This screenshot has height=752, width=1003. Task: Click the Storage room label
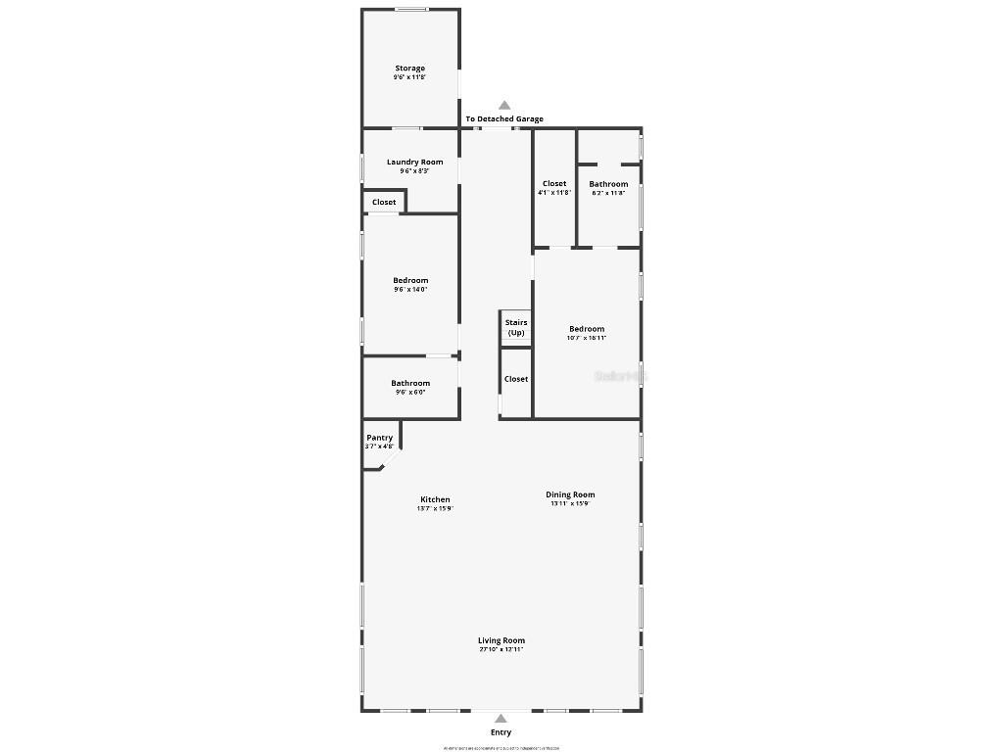tap(409, 69)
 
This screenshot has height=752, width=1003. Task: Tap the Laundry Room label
tap(414, 162)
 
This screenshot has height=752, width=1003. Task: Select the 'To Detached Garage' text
tap(503, 119)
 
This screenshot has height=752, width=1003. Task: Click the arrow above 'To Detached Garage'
tap(504, 105)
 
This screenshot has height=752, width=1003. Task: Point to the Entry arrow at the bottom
tap(501, 718)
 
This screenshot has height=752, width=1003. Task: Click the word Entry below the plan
tap(501, 732)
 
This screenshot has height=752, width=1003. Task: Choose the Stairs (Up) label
tap(515, 327)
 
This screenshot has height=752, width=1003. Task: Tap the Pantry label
tap(379, 438)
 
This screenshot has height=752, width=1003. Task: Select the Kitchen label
tap(435, 499)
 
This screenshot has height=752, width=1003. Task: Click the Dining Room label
tap(570, 494)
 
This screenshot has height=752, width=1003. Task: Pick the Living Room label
tap(501, 640)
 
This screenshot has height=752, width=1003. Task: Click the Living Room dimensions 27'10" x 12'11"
tap(501, 649)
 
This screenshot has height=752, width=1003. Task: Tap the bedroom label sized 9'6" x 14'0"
tap(410, 281)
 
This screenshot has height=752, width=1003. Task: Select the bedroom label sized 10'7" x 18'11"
tap(587, 329)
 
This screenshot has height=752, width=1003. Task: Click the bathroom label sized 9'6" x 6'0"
tap(410, 383)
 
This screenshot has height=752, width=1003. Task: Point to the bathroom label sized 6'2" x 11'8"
tap(608, 184)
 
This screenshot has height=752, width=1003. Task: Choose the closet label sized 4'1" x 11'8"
tap(554, 183)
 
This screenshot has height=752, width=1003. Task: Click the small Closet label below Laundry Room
tap(384, 202)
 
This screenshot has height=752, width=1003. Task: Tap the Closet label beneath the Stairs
tap(515, 379)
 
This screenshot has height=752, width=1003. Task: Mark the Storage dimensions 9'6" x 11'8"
tap(409, 77)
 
